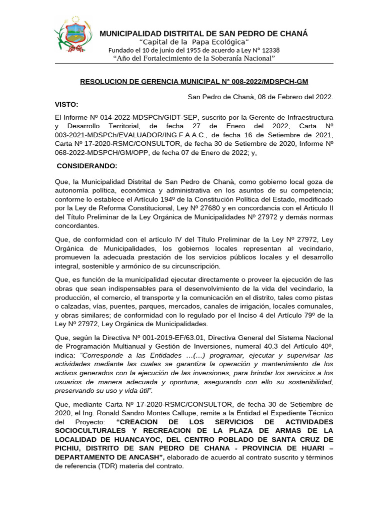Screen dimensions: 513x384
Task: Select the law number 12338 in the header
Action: pos(269,50)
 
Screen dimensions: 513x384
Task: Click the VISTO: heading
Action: pos(66,104)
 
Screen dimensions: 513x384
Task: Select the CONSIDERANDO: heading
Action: pos(87,165)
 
